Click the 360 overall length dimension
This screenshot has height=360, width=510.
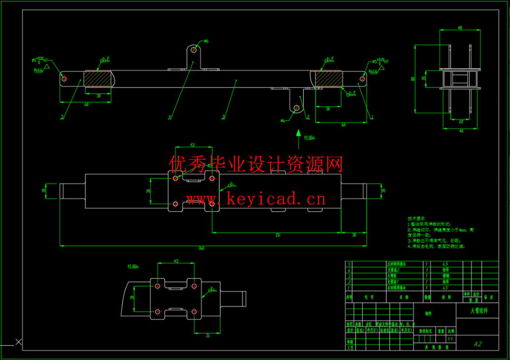201,248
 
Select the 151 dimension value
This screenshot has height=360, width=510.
278,235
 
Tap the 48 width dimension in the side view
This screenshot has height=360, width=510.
459,28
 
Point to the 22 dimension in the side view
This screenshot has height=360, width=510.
461,121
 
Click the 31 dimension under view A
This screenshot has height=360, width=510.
207,336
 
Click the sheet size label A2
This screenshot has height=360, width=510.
477,344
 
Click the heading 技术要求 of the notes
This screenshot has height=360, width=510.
415,218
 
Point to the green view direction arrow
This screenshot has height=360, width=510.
298,139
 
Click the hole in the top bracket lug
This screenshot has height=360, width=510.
194,50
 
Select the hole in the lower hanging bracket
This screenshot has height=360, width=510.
297,108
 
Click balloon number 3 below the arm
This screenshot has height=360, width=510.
224,117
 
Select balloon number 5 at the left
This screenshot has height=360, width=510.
62,117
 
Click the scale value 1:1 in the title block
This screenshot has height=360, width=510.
449,339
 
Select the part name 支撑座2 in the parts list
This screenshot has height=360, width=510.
396,270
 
